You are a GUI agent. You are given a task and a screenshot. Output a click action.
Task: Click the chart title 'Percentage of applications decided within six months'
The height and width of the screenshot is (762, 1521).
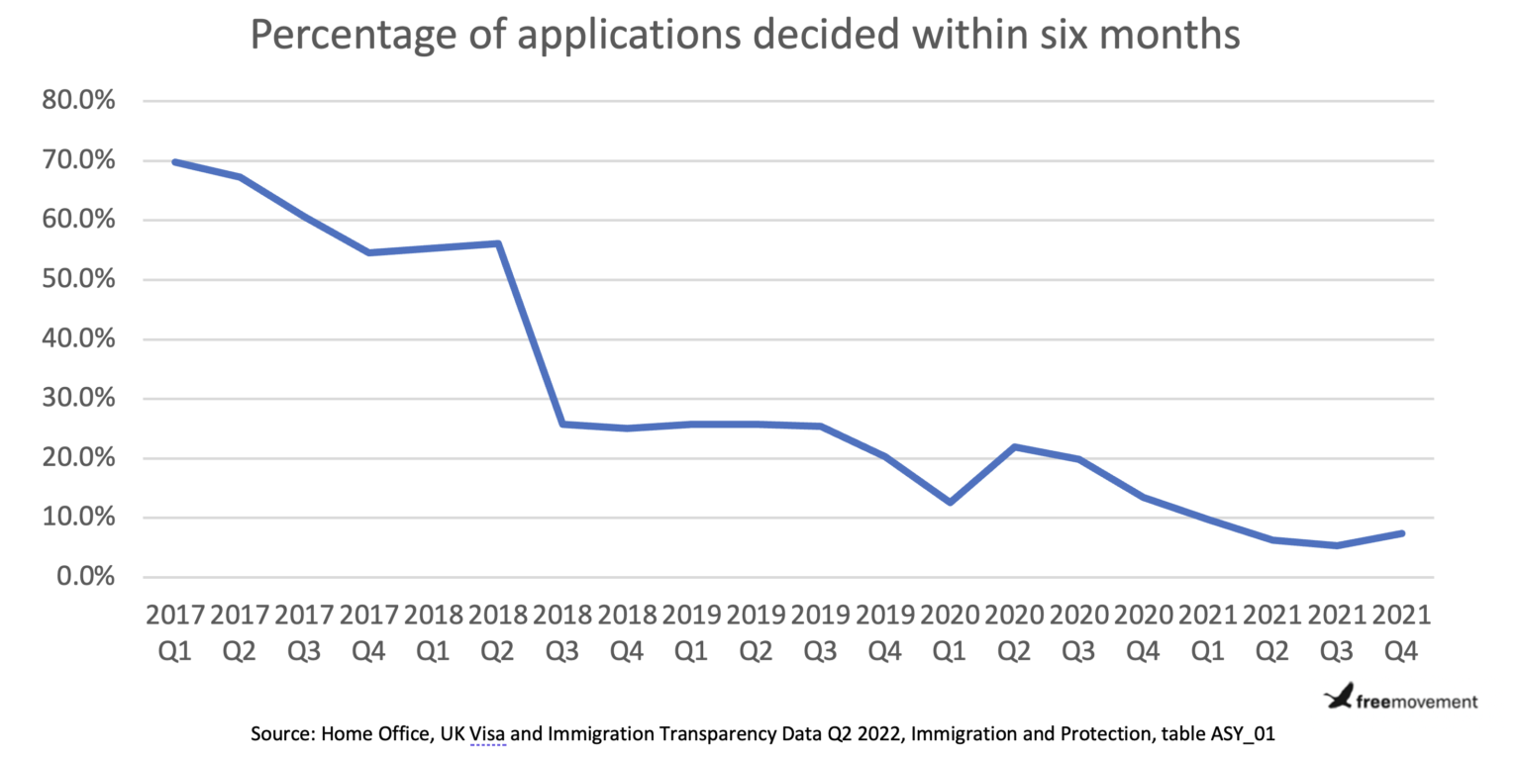[x=744, y=36]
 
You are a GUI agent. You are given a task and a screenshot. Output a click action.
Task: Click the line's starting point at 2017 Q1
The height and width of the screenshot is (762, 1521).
[x=175, y=161]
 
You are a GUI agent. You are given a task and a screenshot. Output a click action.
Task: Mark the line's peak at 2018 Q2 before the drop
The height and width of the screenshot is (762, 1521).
[x=498, y=243]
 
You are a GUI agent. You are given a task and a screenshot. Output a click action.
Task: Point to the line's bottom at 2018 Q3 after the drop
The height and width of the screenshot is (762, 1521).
[x=562, y=424]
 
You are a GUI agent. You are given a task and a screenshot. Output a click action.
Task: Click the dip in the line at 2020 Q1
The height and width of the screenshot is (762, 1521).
[x=951, y=503]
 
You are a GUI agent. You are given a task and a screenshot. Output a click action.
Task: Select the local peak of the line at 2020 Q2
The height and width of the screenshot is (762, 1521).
[x=1015, y=446]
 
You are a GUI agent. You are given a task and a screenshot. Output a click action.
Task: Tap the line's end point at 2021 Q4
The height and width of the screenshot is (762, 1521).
[x=1401, y=533]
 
